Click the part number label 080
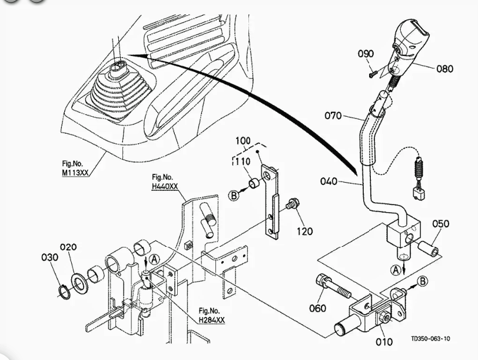click(x=444, y=69)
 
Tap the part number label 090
click(x=366, y=54)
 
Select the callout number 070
click(x=333, y=115)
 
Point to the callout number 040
click(x=329, y=181)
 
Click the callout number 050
click(x=441, y=224)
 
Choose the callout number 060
click(x=317, y=309)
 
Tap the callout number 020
click(x=68, y=247)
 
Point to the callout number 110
click(x=241, y=162)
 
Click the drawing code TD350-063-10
click(x=431, y=339)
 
